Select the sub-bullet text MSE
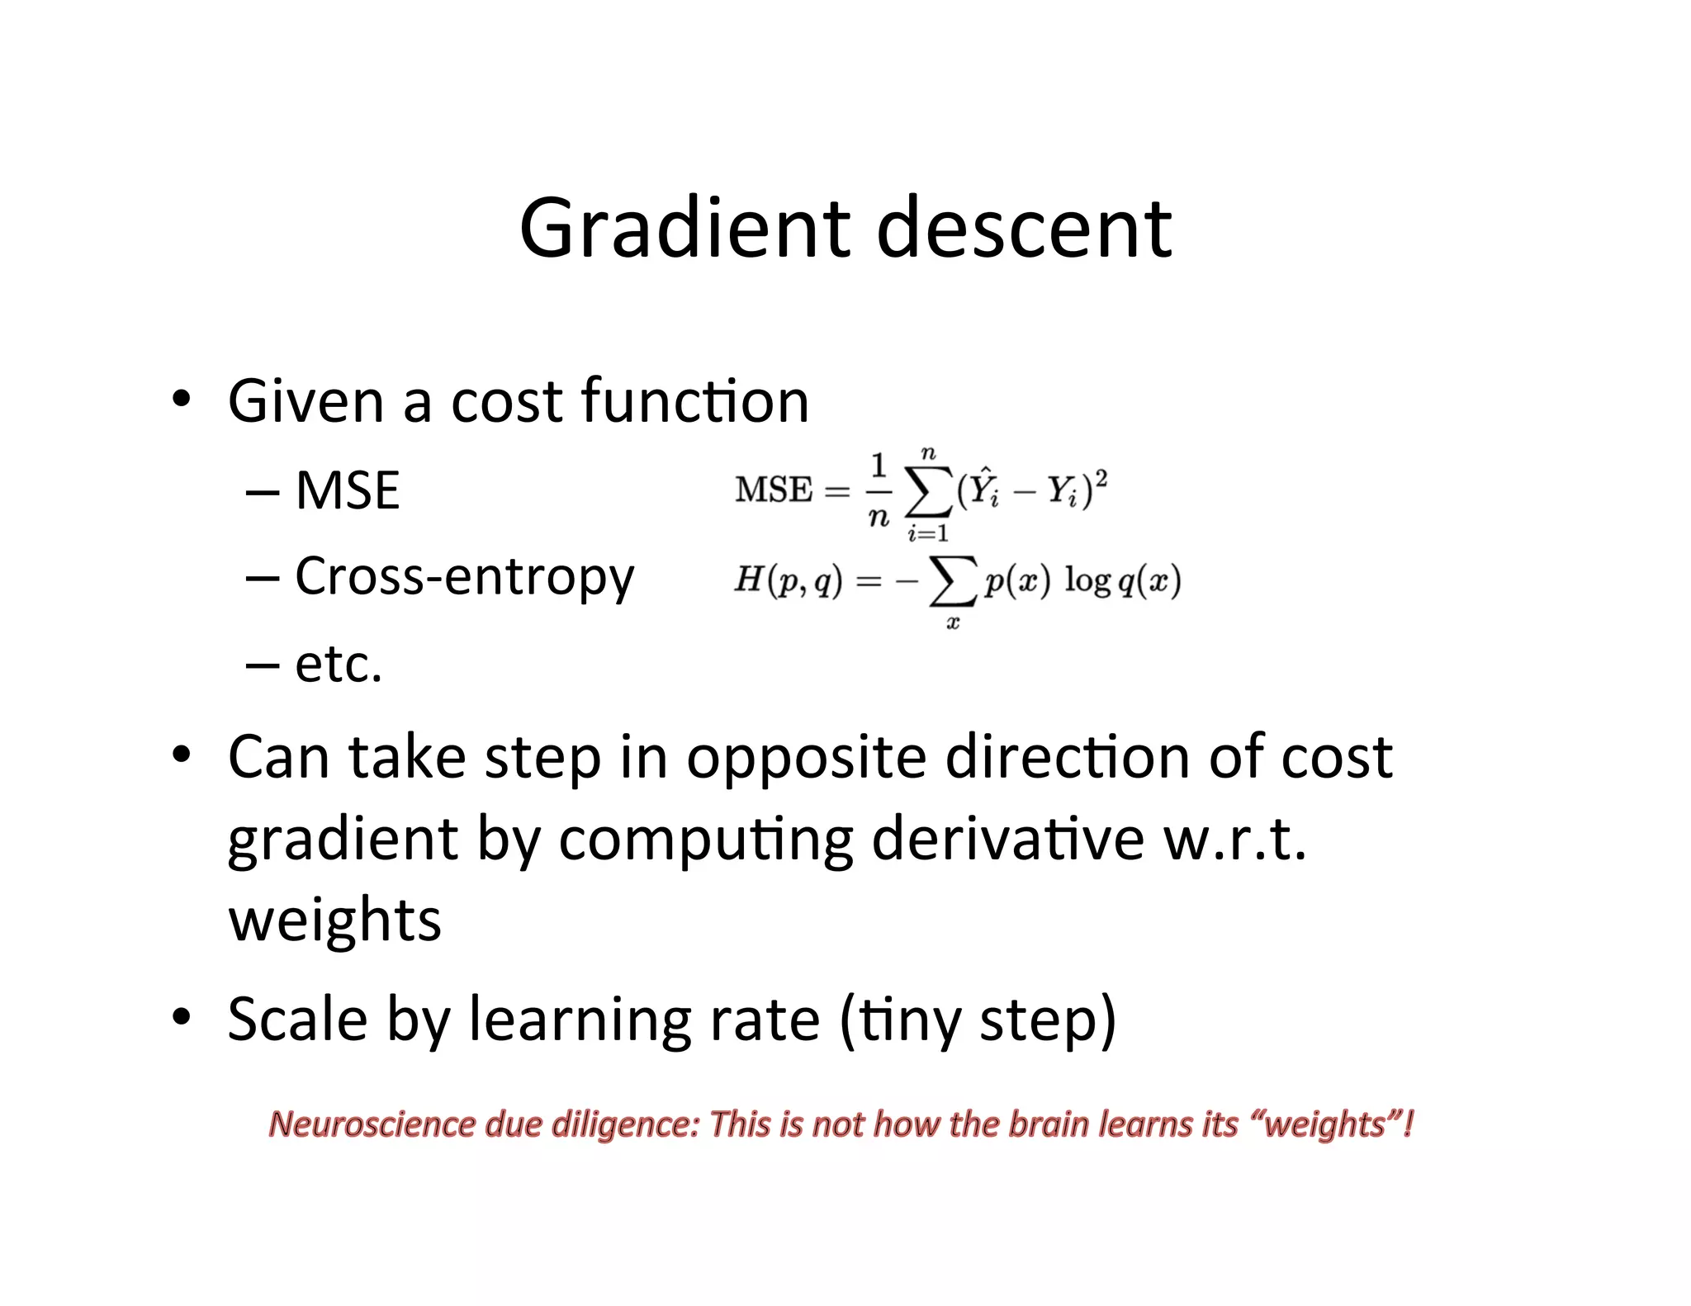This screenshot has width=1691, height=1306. coord(348,490)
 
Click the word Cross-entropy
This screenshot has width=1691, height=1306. coord(465,577)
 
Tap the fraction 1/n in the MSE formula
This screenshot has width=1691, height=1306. coord(879,490)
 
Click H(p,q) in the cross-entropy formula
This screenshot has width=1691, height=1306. coord(789,580)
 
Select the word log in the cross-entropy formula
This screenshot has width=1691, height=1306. coord(1087,580)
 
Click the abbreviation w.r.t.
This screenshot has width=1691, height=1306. coord(1234,839)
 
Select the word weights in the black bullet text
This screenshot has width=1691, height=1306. coord(334,920)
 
